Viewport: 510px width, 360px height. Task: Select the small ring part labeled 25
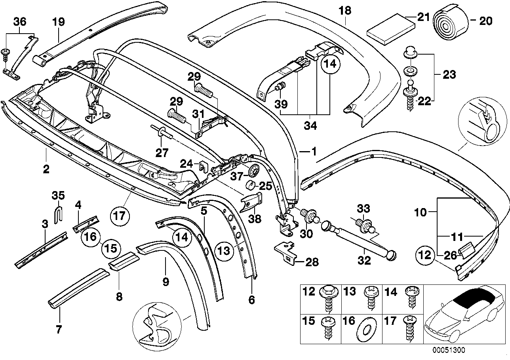pyautogui.click(x=250, y=185)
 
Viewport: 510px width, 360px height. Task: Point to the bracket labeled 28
pyautogui.click(x=286, y=252)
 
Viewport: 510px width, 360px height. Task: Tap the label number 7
pyautogui.click(x=59, y=329)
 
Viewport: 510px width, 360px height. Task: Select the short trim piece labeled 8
pyautogui.click(x=124, y=261)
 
